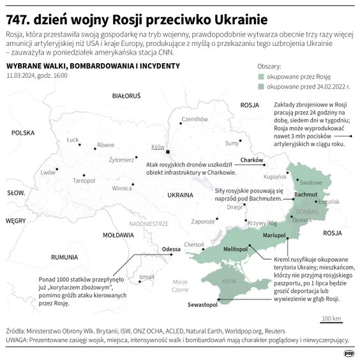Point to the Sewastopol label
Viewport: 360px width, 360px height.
point(203,306)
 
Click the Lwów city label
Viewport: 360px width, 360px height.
point(47,172)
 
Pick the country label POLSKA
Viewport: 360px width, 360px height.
point(22,133)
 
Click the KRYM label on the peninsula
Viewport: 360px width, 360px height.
point(228,281)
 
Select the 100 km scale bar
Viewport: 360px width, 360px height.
point(331,322)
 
